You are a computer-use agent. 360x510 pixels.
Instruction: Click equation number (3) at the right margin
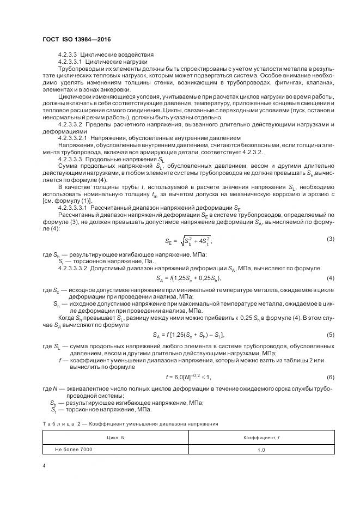[330, 239]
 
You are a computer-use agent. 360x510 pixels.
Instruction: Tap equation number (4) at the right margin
[330, 278]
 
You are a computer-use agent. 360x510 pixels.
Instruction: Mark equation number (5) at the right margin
[330, 334]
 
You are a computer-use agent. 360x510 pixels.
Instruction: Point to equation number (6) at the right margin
[330, 377]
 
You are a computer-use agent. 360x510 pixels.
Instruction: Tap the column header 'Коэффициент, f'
[261, 437]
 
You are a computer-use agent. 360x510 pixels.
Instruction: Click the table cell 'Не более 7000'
[74, 449]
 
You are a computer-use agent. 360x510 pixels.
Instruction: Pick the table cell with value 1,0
[261, 450]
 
